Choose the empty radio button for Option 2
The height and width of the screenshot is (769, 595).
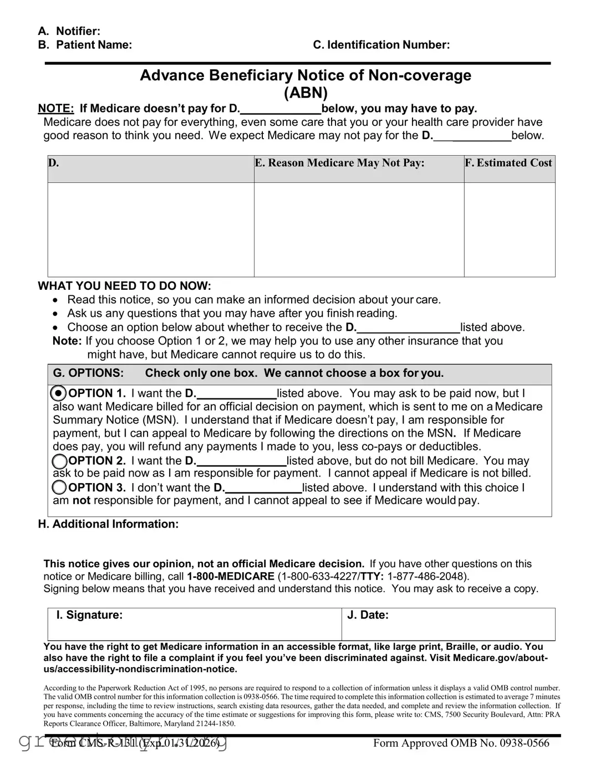pos(59,461)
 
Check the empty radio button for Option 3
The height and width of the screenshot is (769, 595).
pos(59,488)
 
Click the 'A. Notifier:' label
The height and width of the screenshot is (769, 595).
pos(69,32)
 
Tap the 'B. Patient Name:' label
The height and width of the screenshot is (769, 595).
pos(85,45)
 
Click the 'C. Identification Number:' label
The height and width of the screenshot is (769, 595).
pos(381,45)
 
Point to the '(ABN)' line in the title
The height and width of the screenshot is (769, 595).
pos(306,93)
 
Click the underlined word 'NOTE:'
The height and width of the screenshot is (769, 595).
pos(55,109)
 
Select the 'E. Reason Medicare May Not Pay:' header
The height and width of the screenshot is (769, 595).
pos(339,163)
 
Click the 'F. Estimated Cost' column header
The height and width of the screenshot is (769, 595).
pos(508,163)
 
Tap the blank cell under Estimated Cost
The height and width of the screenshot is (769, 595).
pos(509,229)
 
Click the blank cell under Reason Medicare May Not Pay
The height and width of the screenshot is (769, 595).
pos(359,229)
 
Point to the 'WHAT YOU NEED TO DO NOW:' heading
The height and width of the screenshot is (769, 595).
pos(124,286)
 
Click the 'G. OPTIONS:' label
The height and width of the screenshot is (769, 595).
pos(88,373)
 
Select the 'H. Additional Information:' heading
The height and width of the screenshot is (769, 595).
pos(108,524)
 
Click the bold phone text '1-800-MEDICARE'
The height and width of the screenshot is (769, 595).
pos(231,576)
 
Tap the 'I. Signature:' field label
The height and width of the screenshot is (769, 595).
pos(89,615)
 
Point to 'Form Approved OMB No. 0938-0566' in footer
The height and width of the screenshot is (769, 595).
pos(461,744)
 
